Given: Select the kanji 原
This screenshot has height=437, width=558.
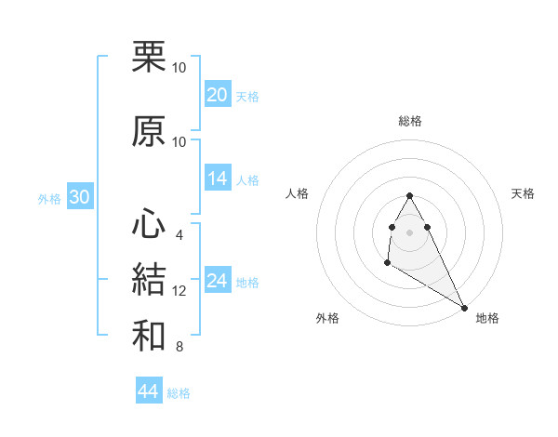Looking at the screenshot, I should (150, 132).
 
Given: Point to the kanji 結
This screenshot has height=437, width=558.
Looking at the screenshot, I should (150, 280).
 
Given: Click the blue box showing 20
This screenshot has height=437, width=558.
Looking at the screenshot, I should (218, 95).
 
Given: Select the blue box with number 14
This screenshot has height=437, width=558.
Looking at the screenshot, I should (218, 179).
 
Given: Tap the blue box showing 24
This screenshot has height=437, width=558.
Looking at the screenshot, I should (218, 281).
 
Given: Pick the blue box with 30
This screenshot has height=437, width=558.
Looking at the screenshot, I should (79, 197).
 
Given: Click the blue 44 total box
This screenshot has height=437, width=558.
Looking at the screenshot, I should (149, 391).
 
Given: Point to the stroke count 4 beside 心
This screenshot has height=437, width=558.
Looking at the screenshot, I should (179, 234).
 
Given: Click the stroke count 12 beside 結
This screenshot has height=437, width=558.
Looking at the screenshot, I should (179, 291).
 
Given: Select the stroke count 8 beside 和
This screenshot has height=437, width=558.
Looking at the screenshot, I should (179, 347).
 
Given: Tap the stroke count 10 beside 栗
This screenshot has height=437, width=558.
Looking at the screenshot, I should (179, 68).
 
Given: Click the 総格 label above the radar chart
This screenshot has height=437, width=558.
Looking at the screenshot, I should (410, 121).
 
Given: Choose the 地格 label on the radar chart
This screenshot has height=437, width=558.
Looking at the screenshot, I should (487, 318).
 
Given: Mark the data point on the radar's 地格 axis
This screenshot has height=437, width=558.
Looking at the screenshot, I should (465, 308).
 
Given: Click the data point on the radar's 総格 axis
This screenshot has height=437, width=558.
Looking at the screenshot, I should (409, 196).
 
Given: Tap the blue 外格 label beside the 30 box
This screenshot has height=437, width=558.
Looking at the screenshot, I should (48, 198).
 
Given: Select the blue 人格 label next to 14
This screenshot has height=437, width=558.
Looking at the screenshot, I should (247, 179).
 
